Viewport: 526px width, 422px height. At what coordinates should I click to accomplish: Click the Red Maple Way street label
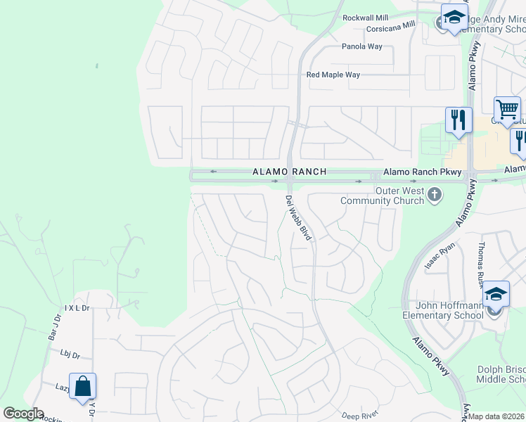pyautogui.click(x=333, y=75)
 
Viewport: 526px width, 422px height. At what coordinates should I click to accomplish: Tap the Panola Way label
pyautogui.click(x=361, y=46)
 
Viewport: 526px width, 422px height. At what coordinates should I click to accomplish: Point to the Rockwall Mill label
pyautogui.click(x=365, y=17)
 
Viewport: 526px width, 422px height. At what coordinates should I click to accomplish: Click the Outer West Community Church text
pyautogui.click(x=382, y=196)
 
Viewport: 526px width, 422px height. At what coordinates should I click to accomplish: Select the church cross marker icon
pyautogui.click(x=435, y=194)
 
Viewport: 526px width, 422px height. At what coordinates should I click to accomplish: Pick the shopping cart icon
pyautogui.click(x=507, y=110)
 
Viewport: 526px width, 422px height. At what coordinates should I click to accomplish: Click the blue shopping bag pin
pyautogui.click(x=82, y=387)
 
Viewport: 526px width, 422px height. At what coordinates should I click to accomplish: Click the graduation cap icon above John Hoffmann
pyautogui.click(x=496, y=294)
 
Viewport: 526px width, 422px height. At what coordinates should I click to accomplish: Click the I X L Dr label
pyautogui.click(x=77, y=308)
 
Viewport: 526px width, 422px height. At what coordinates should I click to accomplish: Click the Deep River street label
pyautogui.click(x=360, y=416)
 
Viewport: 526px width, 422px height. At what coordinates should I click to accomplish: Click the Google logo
pyautogui.click(x=24, y=414)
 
